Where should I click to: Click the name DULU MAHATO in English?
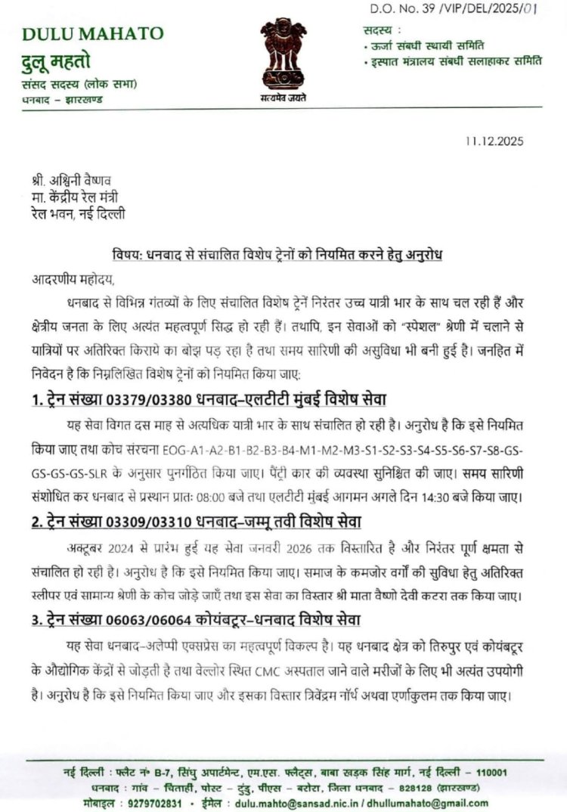point(93,33)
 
